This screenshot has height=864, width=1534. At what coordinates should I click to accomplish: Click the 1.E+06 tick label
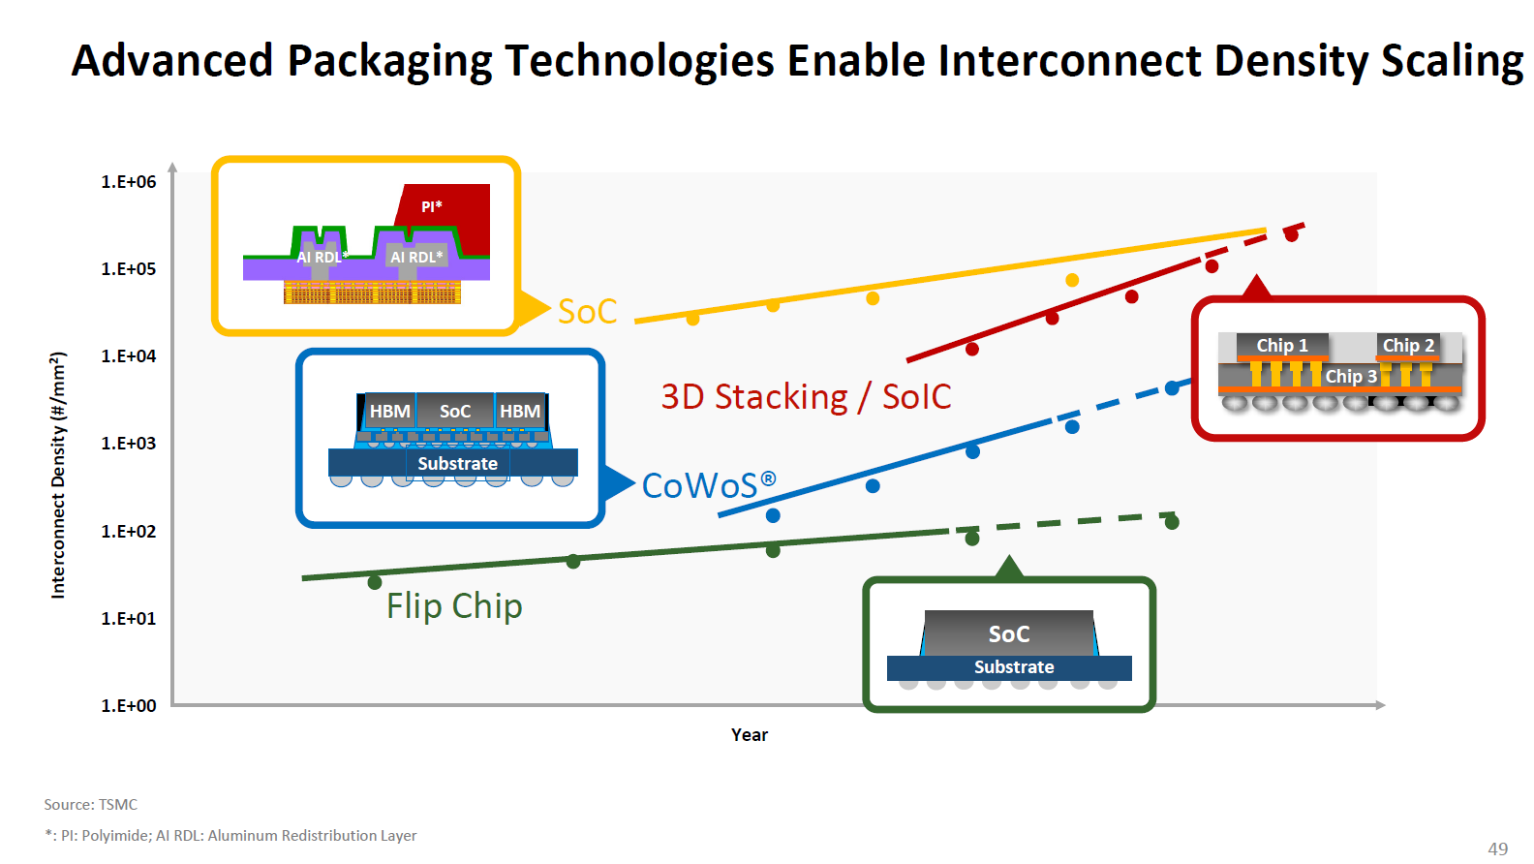click(x=128, y=182)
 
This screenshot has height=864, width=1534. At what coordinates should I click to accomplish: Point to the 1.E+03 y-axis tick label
click(x=128, y=444)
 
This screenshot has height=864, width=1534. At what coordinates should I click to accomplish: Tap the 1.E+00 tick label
click(x=128, y=706)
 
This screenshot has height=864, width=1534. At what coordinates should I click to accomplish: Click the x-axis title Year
click(x=750, y=735)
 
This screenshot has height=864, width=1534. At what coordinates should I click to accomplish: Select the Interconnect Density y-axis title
click(x=58, y=475)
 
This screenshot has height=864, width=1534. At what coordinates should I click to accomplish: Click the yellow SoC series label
click(x=587, y=312)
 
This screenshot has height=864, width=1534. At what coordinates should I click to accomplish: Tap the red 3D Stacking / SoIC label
click(x=806, y=397)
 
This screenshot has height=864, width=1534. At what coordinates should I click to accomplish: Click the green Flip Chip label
click(x=454, y=606)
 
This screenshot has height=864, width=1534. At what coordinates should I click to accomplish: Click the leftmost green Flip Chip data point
click(x=375, y=582)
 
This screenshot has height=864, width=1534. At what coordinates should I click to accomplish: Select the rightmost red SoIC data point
click(x=1291, y=234)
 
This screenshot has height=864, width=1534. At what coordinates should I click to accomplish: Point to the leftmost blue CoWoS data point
click(x=773, y=515)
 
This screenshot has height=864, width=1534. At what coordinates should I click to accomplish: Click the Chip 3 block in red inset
click(x=1350, y=376)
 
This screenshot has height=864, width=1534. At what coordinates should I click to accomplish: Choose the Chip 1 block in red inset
click(x=1281, y=346)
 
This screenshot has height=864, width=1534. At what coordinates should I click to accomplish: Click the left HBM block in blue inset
click(x=389, y=412)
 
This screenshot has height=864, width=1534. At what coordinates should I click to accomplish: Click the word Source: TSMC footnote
click(x=90, y=805)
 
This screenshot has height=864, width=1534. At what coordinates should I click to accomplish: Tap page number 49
click(x=1497, y=849)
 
